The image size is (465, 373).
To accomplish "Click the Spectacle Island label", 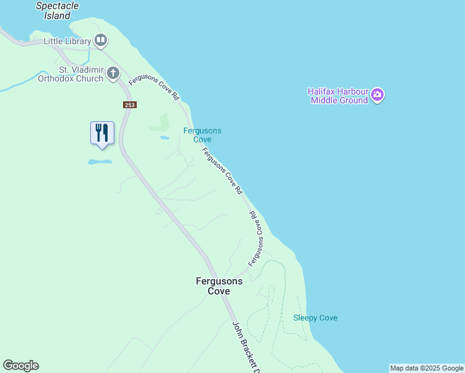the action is pos(58,11).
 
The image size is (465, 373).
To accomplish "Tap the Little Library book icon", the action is pos(101,41).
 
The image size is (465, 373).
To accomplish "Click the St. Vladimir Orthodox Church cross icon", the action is pos(113,73).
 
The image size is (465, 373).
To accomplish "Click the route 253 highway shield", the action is pos(129,105).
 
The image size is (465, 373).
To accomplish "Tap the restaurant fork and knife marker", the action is pos(102,133).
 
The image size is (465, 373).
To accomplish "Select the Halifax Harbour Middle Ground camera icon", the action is pos(378,95).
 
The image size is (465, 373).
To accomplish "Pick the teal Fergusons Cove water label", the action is pos(202,135).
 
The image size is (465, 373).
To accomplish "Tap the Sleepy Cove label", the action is pos(315,318).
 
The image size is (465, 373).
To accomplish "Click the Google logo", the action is pos(21,366).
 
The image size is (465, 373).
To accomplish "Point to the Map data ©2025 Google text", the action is pos(426,368).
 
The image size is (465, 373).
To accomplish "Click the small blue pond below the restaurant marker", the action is pos(99,162).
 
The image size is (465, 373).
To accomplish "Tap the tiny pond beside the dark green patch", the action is pos(164,137).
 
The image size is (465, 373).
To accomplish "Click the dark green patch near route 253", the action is pos(160,122).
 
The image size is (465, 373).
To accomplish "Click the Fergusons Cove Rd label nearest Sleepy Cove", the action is pos(257,239).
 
